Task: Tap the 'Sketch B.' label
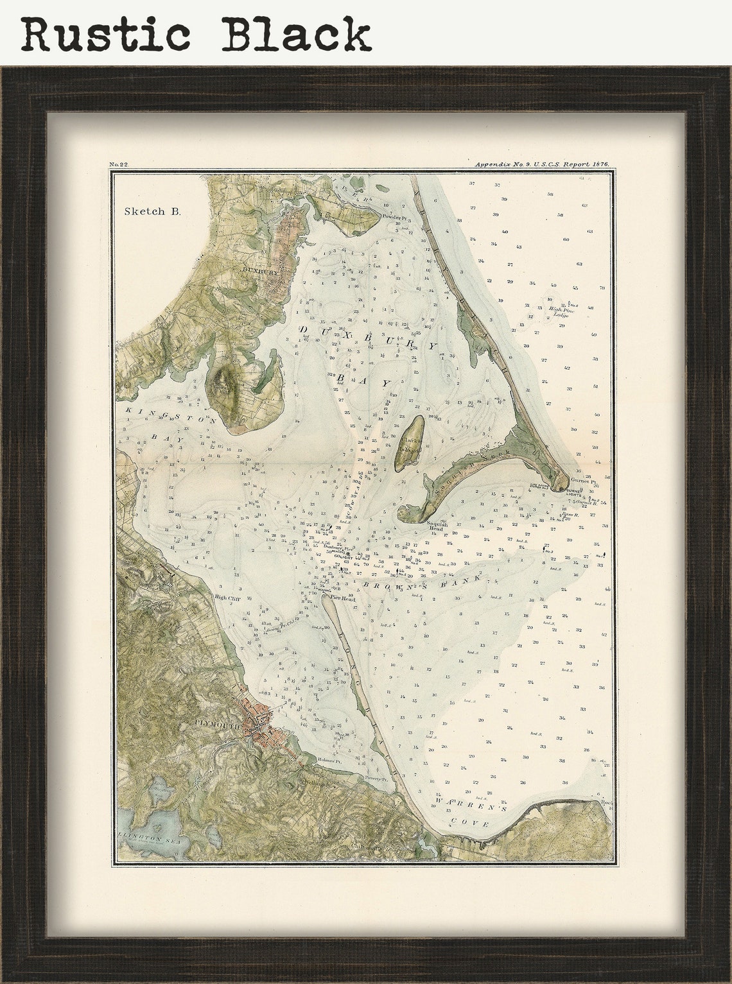click(152, 211)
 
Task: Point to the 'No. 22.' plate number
click(119, 165)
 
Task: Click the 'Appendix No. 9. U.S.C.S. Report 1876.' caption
click(541, 165)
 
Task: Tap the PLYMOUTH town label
click(217, 724)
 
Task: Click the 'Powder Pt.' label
click(392, 218)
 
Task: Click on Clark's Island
click(408, 443)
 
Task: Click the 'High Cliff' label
click(226, 597)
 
